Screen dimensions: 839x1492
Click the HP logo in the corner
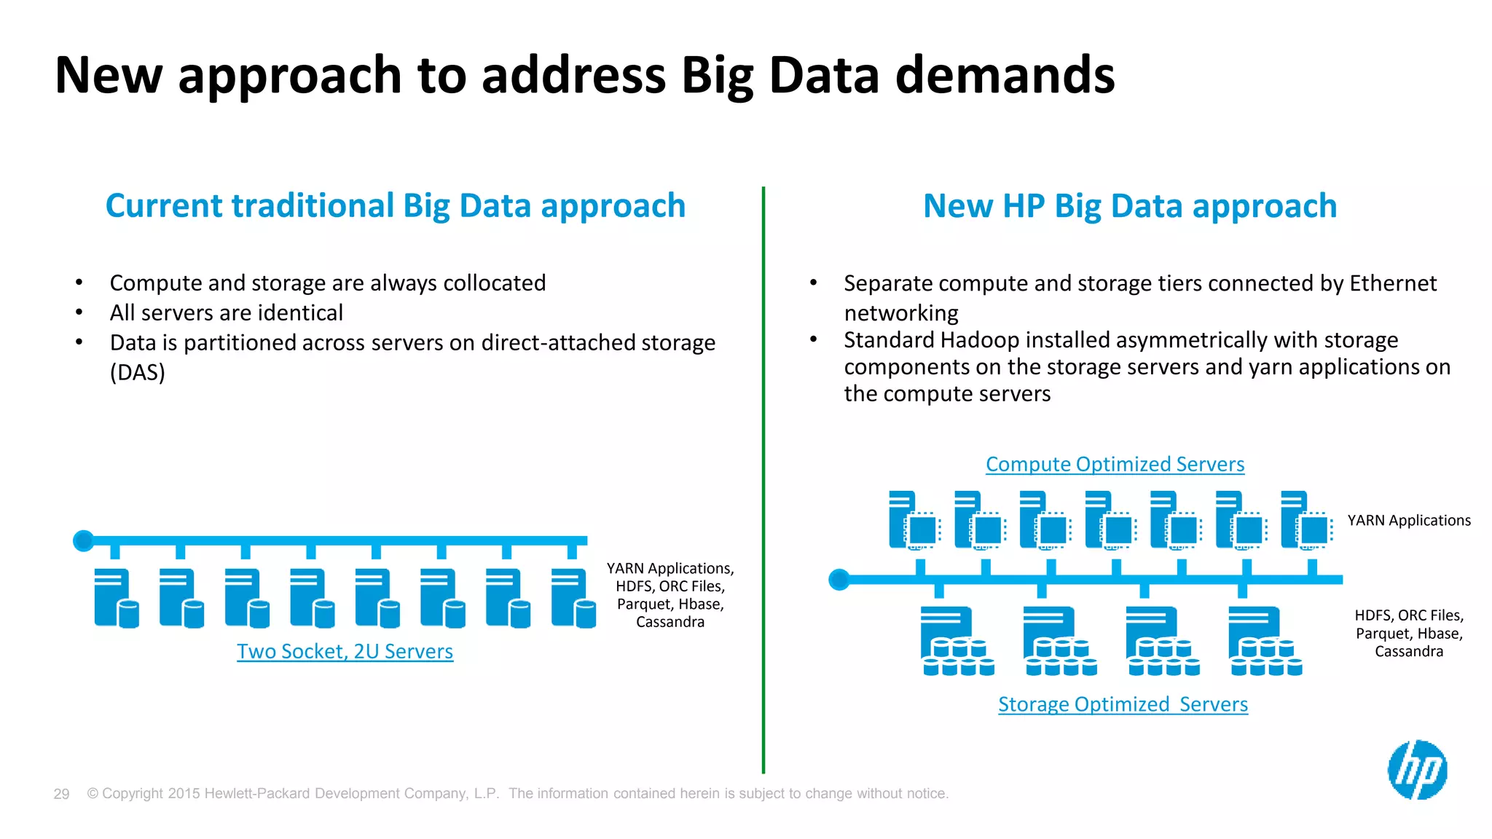[1417, 770]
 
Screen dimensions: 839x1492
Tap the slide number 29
[61, 794]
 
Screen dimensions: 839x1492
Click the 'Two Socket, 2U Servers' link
[345, 651]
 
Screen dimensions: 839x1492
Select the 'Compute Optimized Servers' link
[1115, 464]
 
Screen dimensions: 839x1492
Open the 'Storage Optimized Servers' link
[1123, 704]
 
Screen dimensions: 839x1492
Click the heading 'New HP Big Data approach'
[1130, 206]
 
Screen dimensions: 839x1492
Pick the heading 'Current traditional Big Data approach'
[396, 206]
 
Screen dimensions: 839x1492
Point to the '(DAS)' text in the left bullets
[138, 372]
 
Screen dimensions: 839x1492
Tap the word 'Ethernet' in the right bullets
[1392, 283]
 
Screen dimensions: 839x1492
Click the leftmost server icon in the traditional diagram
[115, 598]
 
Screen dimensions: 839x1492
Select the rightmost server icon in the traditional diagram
[573, 598]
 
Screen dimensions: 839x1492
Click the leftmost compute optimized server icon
[914, 520]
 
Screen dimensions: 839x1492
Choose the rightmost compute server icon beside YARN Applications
[1305, 520]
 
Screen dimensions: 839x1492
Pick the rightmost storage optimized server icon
[1265, 641]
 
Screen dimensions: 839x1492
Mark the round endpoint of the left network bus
[84, 540]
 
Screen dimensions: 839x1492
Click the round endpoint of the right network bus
[839, 580]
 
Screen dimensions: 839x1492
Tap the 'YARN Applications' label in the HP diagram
[1408, 521]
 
